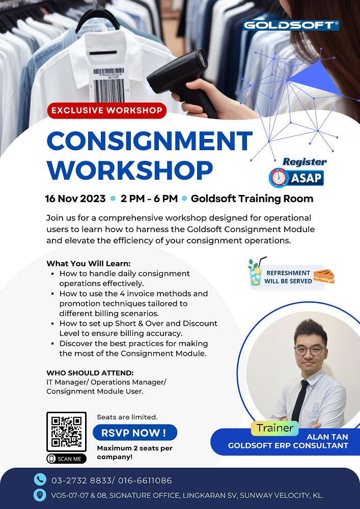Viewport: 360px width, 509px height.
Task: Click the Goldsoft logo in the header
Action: tap(291, 25)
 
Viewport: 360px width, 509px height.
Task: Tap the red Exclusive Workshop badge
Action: tap(107, 110)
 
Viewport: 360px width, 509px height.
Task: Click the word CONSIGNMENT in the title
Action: tap(150, 141)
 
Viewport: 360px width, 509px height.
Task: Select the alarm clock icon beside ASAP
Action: tap(278, 177)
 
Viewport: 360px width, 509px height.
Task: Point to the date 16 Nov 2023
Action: tap(75, 199)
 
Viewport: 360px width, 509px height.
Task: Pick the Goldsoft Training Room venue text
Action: tap(252, 199)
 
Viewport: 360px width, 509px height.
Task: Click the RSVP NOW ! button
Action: tap(135, 433)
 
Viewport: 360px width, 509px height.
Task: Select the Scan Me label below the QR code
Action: tap(66, 459)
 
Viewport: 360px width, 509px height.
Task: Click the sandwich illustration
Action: tap(324, 276)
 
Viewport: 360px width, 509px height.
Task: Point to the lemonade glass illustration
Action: tap(255, 275)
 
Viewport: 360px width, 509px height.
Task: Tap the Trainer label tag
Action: tap(275, 428)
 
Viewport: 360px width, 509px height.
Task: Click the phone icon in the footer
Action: tap(40, 479)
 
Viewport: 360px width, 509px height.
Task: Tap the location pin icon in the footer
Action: tap(40, 495)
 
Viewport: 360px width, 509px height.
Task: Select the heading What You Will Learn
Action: tap(89, 264)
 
